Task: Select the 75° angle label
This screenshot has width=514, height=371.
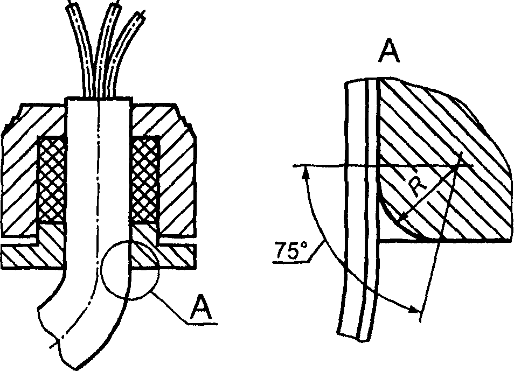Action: coord(291,250)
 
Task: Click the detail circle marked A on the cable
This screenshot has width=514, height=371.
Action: coord(128,268)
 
